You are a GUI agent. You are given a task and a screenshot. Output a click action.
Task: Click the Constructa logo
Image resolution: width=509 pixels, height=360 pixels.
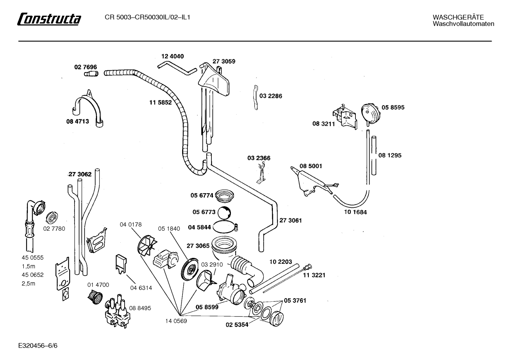[49, 19]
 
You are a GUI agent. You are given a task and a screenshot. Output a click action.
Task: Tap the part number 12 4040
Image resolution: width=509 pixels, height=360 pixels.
[173, 56]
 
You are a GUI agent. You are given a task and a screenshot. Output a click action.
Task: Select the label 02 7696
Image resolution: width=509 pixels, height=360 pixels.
[85, 67]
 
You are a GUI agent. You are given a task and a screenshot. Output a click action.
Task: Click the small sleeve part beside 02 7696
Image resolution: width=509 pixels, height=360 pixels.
[91, 74]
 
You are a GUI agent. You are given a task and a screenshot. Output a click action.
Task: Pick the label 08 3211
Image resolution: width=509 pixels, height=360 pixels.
[324, 124]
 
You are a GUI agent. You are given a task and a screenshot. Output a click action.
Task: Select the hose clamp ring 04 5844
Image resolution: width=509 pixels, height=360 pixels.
[223, 227]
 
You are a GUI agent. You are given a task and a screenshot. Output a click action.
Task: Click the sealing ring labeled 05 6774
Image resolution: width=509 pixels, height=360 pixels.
[224, 195]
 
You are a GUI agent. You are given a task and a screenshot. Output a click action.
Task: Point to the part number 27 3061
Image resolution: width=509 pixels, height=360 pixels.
[291, 220]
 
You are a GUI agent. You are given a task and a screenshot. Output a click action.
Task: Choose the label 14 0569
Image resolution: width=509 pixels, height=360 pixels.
[176, 321]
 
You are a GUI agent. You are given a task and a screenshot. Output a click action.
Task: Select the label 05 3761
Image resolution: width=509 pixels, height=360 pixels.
[295, 300]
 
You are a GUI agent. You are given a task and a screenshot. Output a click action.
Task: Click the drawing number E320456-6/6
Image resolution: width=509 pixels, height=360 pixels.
[38, 346]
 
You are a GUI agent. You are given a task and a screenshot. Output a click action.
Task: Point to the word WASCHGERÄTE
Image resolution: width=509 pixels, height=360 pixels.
[458, 17]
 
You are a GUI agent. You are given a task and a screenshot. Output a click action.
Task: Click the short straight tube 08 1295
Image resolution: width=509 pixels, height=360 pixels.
[374, 155]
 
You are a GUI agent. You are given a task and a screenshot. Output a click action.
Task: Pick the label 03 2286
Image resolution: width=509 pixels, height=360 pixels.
[271, 96]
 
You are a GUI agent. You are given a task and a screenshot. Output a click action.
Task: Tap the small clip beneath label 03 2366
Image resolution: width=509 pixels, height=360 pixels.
[261, 173]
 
